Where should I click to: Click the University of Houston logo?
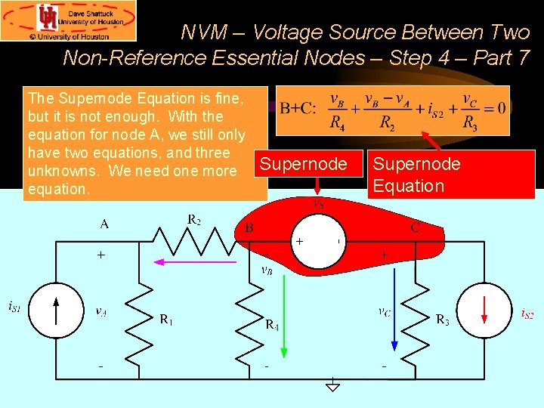coord(69,20)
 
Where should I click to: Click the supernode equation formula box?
coord(392,110)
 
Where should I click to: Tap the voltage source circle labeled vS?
coord(318,243)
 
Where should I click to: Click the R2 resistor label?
coord(193,220)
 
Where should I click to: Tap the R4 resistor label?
coord(272,325)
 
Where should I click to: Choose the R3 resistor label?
coord(442,320)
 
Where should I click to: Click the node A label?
coord(104,224)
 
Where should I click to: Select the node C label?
coord(416,226)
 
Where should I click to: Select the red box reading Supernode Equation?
coord(451,174)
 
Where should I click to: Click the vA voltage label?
coord(100,311)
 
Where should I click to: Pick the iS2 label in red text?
coord(527,314)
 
